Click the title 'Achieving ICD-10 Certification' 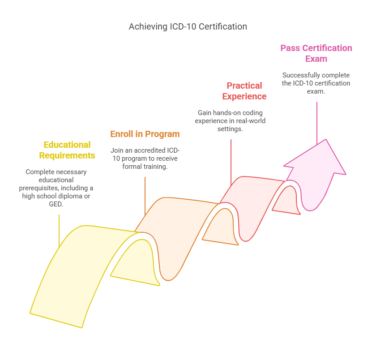[188, 26]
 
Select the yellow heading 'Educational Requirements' [67, 150]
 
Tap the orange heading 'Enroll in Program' [145, 134]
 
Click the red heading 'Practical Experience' [244, 91]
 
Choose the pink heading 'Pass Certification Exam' [316, 53]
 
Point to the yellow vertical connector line [59, 231]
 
